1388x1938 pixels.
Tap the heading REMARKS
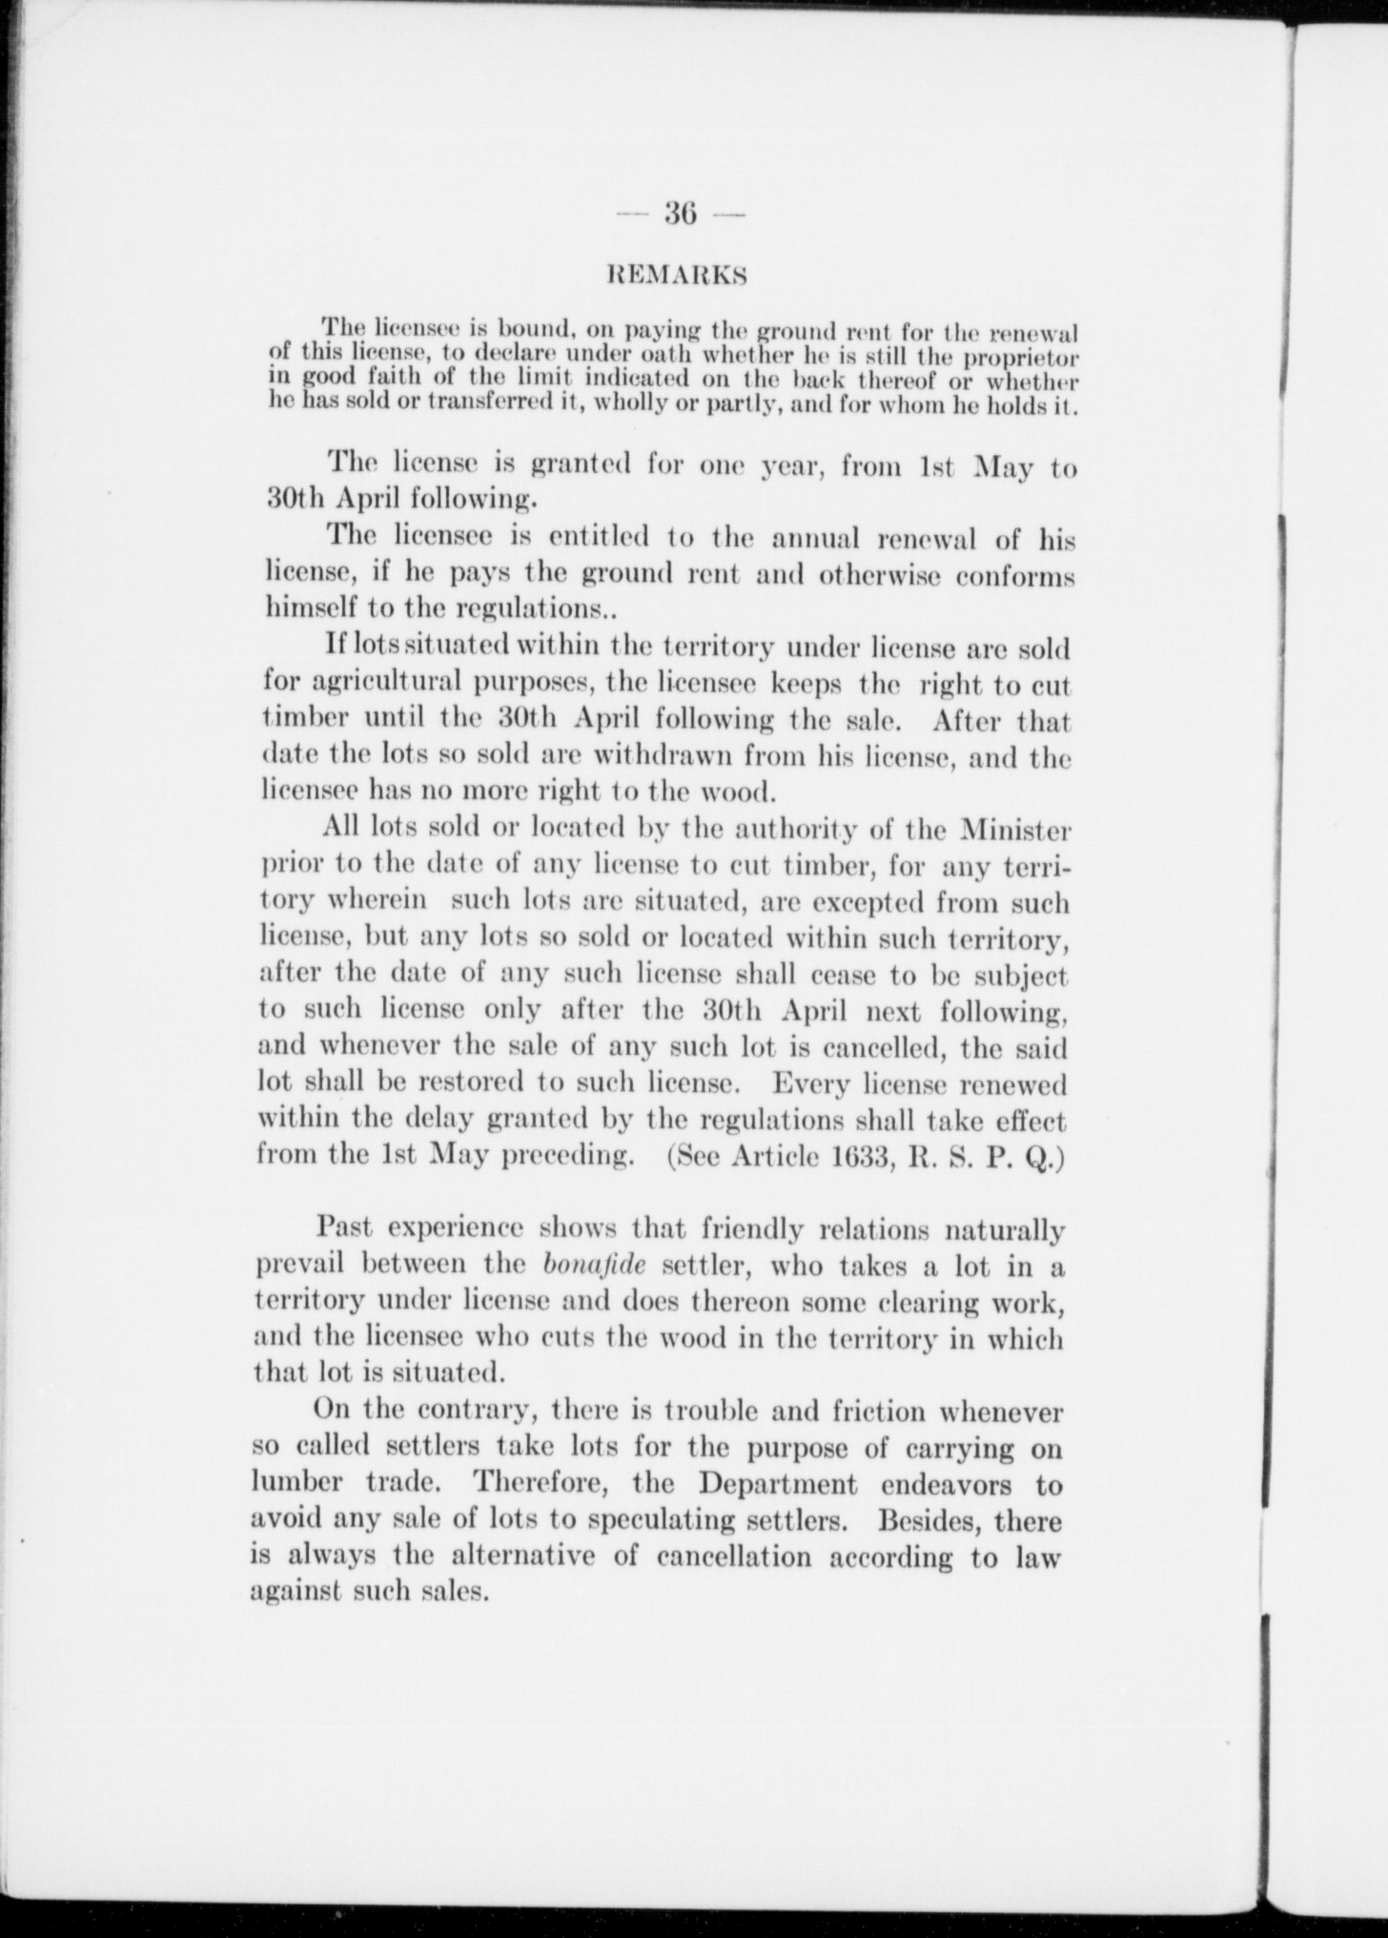coord(678,278)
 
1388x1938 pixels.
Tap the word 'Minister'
coord(1014,829)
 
